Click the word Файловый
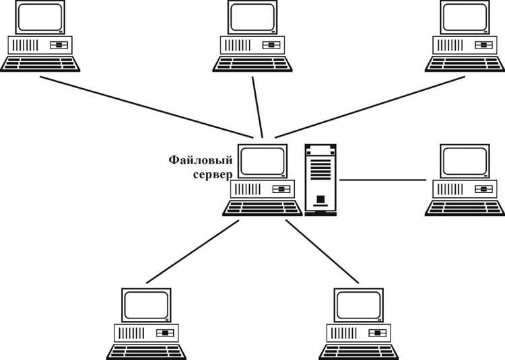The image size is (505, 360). pos(201,161)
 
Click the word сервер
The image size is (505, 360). pos(213,175)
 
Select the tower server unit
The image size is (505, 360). pos(321,180)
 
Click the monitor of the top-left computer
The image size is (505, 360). pos(40,17)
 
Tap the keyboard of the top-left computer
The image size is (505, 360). pos(40,64)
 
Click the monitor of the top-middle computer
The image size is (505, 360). pos(252,17)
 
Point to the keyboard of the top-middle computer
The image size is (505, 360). pos(252,64)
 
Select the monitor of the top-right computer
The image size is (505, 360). pos(465,17)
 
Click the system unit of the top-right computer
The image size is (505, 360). pos(465,45)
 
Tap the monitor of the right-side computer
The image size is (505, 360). pos(465,161)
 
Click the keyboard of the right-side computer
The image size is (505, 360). pos(465,208)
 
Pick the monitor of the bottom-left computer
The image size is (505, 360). pos(146,305)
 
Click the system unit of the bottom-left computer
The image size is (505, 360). pos(146,333)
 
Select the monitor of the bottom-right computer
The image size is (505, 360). pos(358,305)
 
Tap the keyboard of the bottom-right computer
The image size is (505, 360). pos(358,353)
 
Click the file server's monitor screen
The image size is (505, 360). pos(263,161)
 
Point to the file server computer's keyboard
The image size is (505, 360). pos(263,208)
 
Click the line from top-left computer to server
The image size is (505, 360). pos(147,107)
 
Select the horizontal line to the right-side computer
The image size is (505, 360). pos(383,180)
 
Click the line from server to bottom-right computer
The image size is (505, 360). pos(322,252)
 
